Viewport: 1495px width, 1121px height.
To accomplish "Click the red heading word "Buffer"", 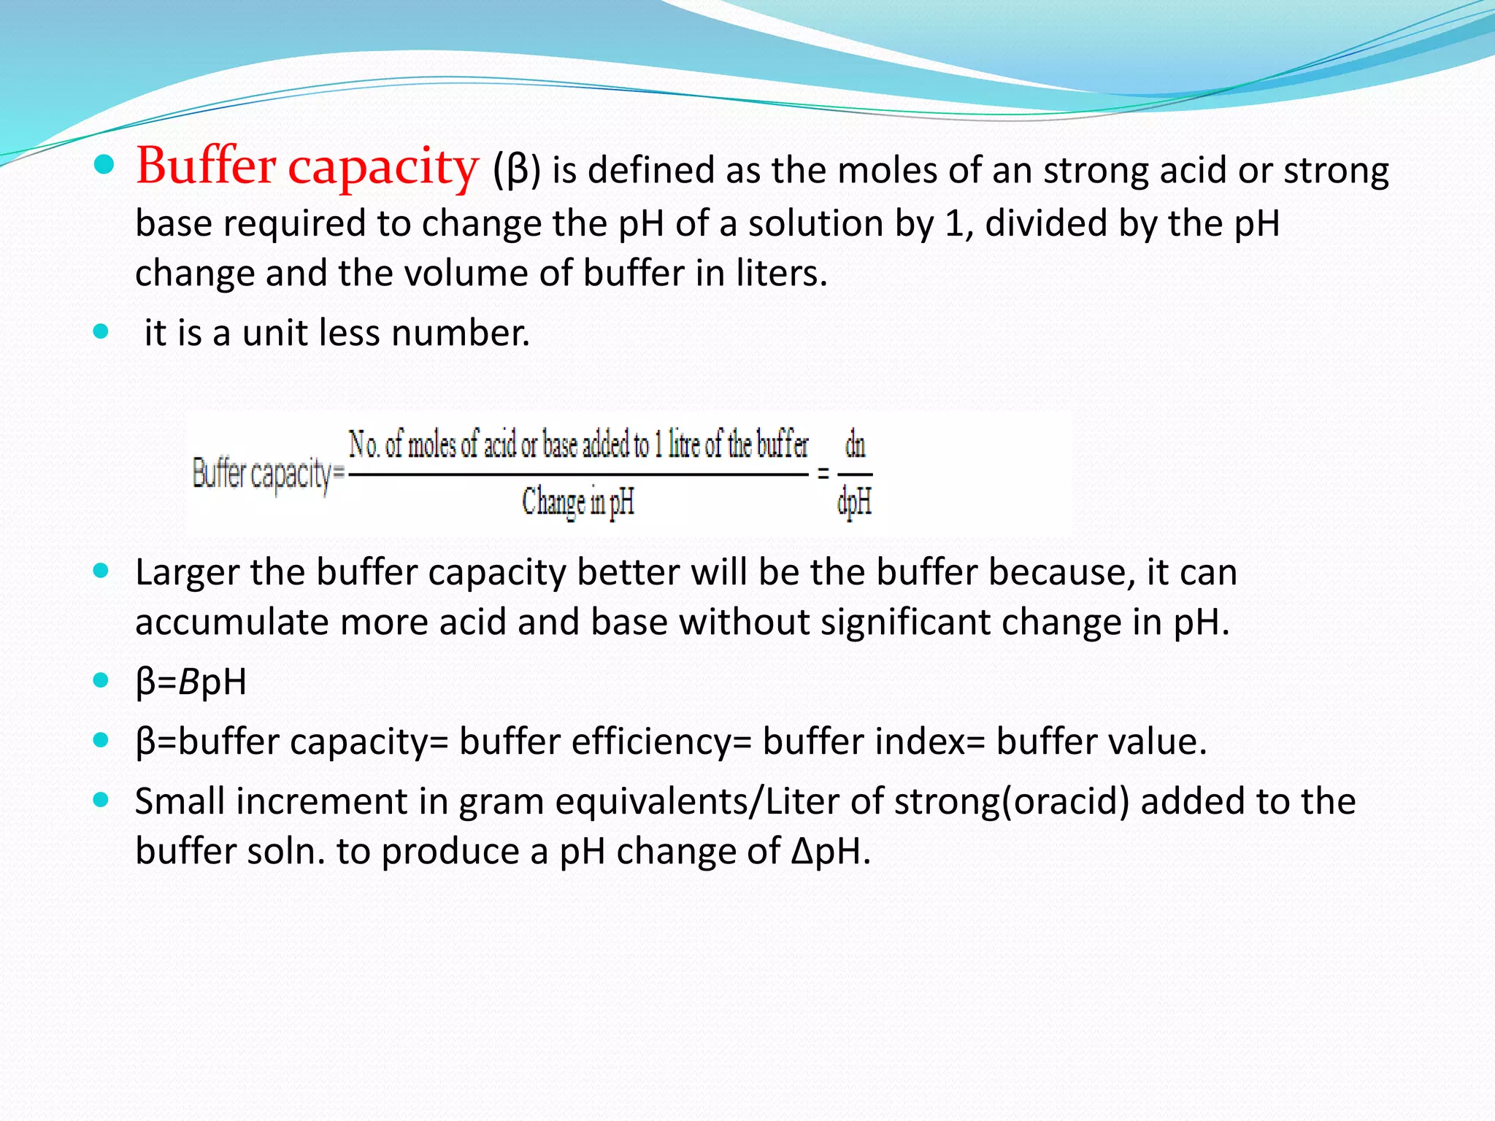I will pyautogui.click(x=206, y=166).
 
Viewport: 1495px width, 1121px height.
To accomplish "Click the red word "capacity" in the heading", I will pyautogui.click(x=383, y=169).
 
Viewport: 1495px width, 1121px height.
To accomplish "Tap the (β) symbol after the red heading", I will pyautogui.click(x=516, y=171).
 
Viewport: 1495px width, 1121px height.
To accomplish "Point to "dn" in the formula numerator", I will pyautogui.click(x=855, y=444).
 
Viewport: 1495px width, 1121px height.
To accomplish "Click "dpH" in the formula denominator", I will pyautogui.click(x=854, y=502).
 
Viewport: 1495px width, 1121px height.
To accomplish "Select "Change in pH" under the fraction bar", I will pyautogui.click(x=577, y=502).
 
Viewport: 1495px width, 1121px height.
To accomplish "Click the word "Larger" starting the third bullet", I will pyautogui.click(x=187, y=572).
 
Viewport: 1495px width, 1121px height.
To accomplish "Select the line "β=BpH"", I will pyautogui.click(x=191, y=682).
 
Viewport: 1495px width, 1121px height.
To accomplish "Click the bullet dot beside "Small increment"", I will pyautogui.click(x=101, y=800).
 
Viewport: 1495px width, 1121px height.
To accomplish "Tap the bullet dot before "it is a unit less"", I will pyautogui.click(x=101, y=332).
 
